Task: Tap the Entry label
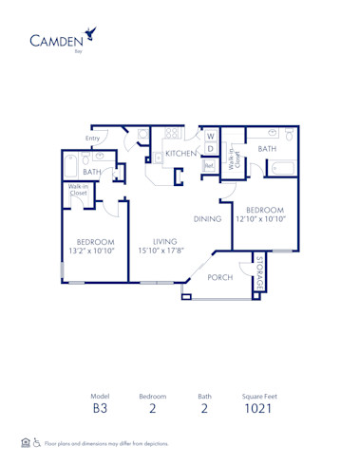[x=92, y=139]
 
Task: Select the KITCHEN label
[x=181, y=153]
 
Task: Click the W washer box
[x=211, y=136]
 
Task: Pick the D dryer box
[x=211, y=149]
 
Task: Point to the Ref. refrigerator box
[x=209, y=165]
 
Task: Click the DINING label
[x=207, y=219]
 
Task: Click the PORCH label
[x=220, y=278]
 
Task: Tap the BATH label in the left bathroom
[x=91, y=172]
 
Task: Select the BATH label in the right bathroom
[x=267, y=149]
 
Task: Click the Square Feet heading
[x=258, y=396]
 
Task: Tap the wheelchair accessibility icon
[x=37, y=443]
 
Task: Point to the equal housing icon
[x=25, y=443]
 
